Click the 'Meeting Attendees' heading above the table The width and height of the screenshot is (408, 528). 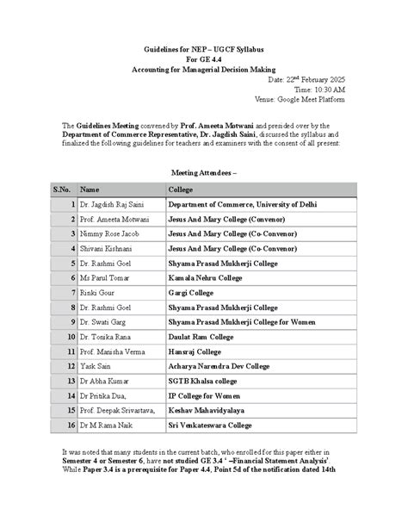[203, 172]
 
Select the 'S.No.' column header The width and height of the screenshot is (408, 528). [62, 189]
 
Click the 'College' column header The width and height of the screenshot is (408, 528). [181, 189]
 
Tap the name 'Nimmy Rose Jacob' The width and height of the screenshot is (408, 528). [107, 234]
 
